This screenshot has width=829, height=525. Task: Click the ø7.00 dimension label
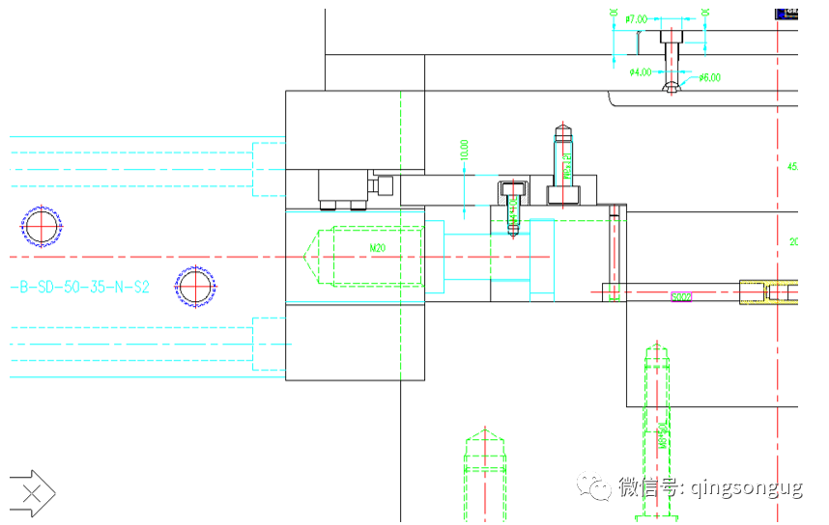point(636,18)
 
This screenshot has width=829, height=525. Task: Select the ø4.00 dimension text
point(640,72)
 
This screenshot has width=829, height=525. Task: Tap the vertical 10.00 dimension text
point(465,150)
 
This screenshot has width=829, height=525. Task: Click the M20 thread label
point(378,248)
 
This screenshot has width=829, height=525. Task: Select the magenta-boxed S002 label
point(682,297)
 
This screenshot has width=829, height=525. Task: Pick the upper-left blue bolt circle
point(42,228)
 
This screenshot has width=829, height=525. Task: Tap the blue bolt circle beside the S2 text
point(194,287)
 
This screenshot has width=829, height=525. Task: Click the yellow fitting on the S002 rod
point(767,290)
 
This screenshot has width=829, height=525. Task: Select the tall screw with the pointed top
point(563,164)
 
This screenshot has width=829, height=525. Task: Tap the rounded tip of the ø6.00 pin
point(672,89)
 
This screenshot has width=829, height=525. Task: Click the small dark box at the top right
point(787,13)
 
